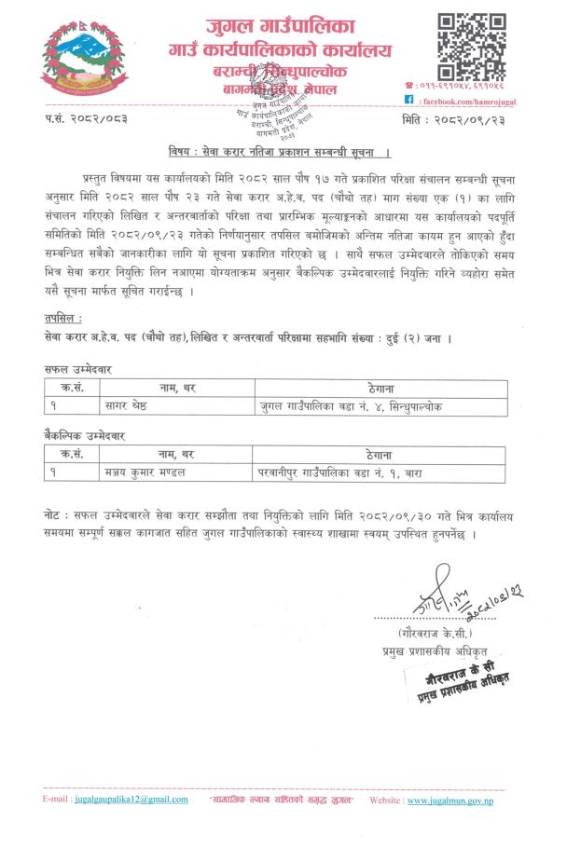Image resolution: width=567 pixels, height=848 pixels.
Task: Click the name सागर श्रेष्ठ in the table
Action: (x=130, y=406)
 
